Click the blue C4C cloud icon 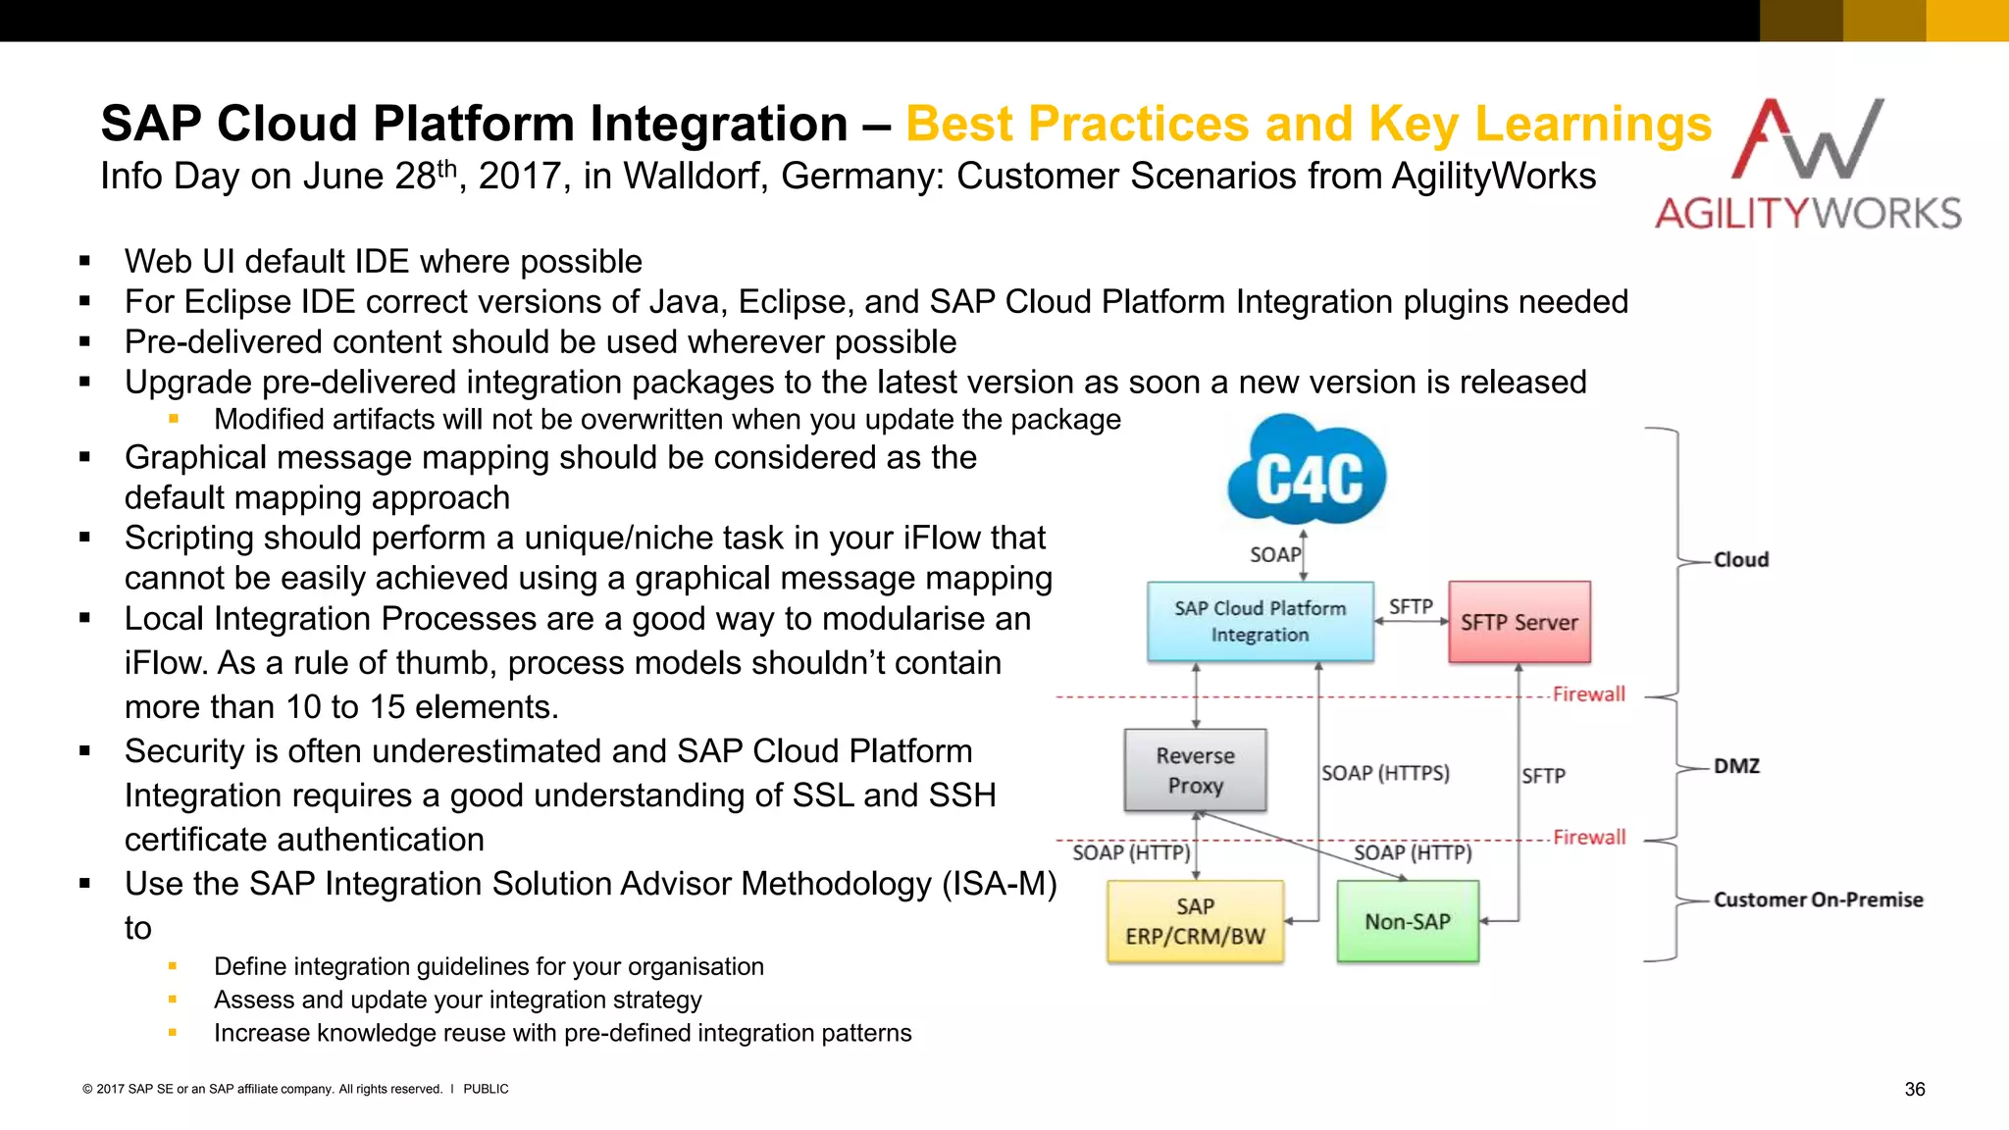pos(1307,476)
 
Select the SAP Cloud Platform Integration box pos(1260,622)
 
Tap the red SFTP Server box pos(1519,622)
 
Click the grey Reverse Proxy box pos(1195,770)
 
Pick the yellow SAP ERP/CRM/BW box pos(1195,921)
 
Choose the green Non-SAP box pos(1407,921)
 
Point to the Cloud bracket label pos(1740,559)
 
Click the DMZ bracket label pos(1735,766)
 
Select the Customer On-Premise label pos(1817,899)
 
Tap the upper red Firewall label pos(1588,694)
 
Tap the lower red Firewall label pos(1588,838)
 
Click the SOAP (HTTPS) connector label pos(1384,773)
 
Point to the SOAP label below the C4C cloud pos(1274,555)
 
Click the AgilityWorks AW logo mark pos(1807,140)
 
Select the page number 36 pos(1914,1089)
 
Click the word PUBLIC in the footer pos(486,1089)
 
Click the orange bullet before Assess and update pos(173,1000)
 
